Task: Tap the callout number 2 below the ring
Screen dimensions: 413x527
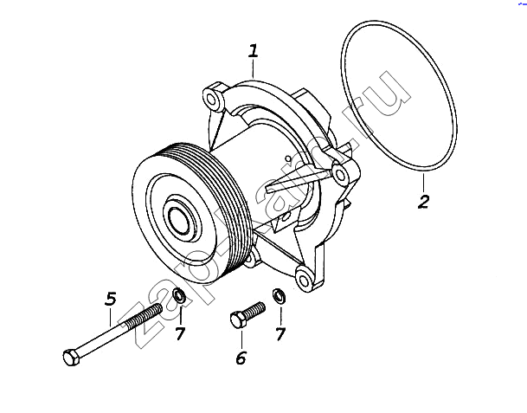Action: pos(423,203)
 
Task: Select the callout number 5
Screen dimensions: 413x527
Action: pos(110,300)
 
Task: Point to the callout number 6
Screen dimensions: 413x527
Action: pos(241,358)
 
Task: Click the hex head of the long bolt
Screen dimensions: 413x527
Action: pos(70,356)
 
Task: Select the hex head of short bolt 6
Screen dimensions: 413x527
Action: pos(237,320)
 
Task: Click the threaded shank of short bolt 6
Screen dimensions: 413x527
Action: pos(254,309)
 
